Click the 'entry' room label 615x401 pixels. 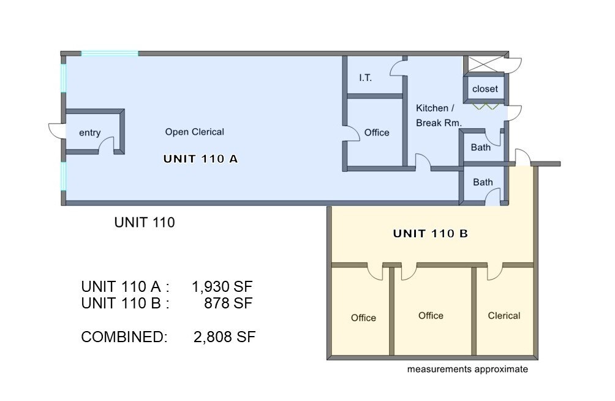(x=89, y=133)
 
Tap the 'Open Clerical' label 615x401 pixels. (x=194, y=132)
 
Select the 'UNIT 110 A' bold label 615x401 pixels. (x=200, y=159)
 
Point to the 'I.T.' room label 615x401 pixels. (x=365, y=78)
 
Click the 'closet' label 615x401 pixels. (x=485, y=89)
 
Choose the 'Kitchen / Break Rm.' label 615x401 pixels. (x=439, y=115)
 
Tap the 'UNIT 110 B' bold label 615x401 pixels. (x=430, y=234)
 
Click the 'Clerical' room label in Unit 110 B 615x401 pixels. (x=504, y=316)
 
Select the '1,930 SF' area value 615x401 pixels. (x=222, y=286)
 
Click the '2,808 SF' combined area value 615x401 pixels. (x=224, y=337)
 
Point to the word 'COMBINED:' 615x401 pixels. (x=124, y=337)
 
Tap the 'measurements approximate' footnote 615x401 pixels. (x=467, y=370)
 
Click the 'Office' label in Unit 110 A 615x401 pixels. (x=376, y=132)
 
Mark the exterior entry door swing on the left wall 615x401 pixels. (x=56, y=131)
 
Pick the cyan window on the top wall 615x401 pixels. (x=110, y=54)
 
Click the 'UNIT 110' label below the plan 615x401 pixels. (x=144, y=223)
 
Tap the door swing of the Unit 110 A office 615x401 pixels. (x=352, y=133)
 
